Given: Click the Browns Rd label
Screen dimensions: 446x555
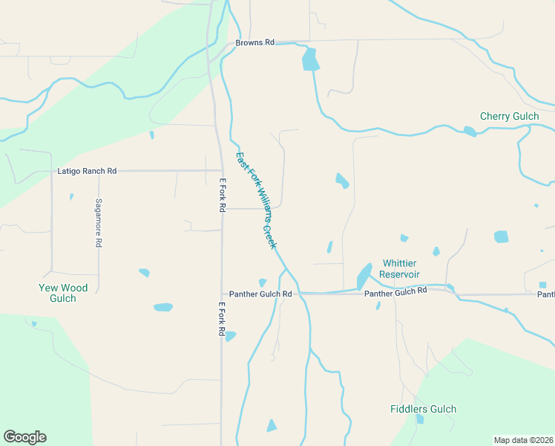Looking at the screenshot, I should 254,43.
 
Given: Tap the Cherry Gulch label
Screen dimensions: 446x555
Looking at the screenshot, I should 509,117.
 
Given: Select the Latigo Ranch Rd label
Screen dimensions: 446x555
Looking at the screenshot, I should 87,171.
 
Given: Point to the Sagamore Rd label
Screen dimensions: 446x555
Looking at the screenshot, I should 98,222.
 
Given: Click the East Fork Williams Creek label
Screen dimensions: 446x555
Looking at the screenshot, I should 256,200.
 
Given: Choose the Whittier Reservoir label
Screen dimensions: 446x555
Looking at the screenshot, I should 399,269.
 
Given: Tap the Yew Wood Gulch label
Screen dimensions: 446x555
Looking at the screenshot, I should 63,293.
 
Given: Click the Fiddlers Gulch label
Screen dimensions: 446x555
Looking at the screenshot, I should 423,410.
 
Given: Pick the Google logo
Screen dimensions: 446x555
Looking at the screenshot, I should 24,437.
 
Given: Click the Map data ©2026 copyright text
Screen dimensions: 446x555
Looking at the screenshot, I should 523,439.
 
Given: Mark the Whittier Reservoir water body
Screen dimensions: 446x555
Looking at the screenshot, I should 364,276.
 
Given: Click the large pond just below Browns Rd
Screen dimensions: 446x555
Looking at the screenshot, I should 310,60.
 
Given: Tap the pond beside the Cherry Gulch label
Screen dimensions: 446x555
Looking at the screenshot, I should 470,132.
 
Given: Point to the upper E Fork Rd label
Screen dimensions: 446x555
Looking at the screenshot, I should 222,195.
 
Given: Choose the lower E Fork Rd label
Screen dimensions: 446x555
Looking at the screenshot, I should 221,320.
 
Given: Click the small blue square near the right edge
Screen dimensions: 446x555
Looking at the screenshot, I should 542,285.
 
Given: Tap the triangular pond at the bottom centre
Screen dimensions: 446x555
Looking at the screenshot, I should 272,425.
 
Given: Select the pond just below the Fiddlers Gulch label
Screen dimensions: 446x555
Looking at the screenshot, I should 420,419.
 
